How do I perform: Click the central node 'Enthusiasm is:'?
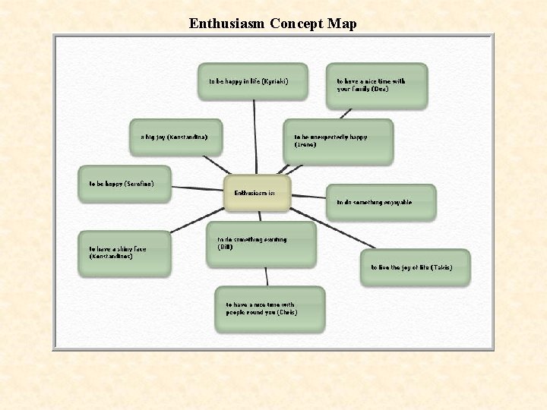pos(257,193)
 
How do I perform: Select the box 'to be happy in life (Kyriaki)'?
pos(252,81)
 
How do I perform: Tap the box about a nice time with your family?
pos(377,85)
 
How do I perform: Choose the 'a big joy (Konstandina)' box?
pos(175,137)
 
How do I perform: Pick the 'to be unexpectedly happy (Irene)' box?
pos(338,141)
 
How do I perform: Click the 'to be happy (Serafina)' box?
pos(125,184)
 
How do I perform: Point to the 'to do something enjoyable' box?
pos(381,203)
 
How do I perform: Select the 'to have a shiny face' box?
pos(125,253)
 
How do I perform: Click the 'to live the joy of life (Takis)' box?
pos(415,268)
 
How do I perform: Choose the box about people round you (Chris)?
pos(269,308)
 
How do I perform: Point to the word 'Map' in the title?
pos(342,24)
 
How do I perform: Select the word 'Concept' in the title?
pos(297,24)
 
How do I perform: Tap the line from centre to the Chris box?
pos(266,276)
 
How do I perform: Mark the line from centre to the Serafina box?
pos(198,188)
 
